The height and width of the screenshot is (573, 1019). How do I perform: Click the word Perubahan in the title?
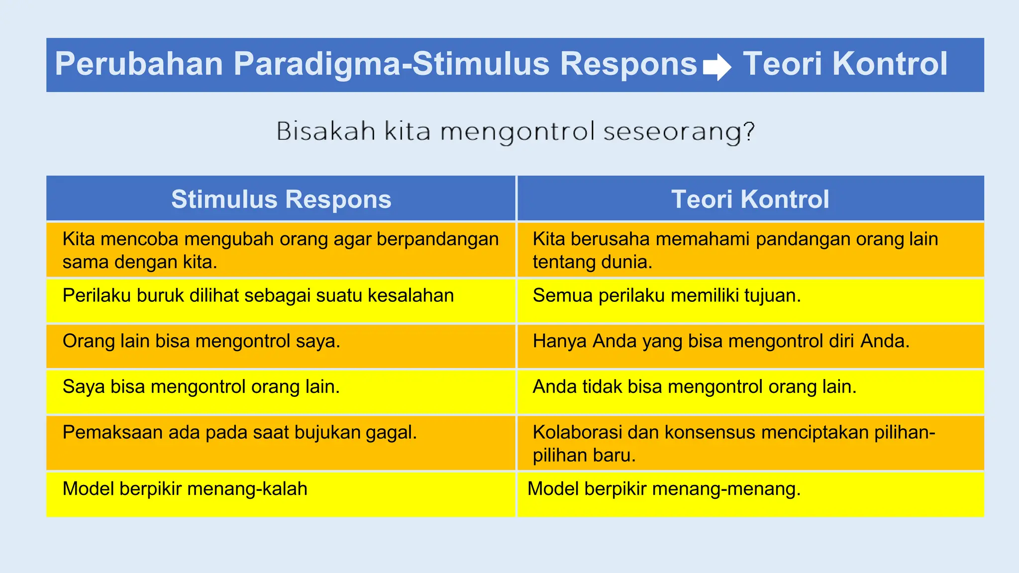point(139,64)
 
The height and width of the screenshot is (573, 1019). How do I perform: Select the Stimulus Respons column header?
point(281,199)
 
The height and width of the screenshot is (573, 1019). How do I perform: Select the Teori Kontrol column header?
point(750,199)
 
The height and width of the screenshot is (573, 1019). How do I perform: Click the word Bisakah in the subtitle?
point(326,132)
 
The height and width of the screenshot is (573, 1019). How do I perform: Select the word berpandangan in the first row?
point(437,239)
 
